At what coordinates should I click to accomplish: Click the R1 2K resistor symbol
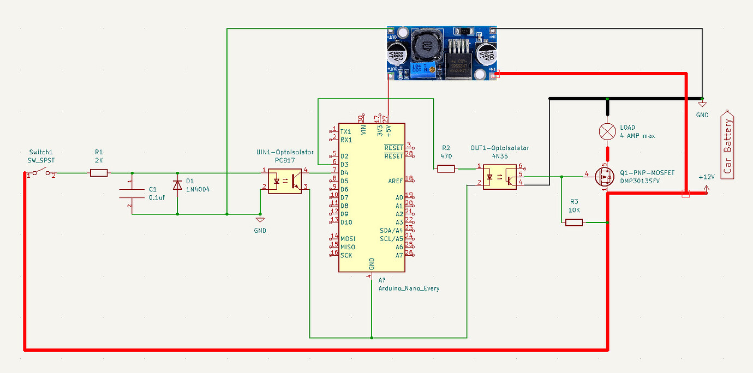coord(99,173)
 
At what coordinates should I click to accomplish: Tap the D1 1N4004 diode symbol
coord(177,185)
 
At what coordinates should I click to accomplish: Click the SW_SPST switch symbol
coord(41,173)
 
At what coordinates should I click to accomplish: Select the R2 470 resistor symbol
coord(446,169)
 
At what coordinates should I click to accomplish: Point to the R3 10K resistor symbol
coord(574,222)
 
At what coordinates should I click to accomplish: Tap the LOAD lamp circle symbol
coord(608,131)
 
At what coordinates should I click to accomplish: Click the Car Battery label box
coord(728,145)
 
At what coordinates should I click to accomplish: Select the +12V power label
coord(706,178)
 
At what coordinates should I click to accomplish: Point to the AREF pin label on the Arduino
coord(396,181)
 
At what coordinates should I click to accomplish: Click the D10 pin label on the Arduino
coord(346,222)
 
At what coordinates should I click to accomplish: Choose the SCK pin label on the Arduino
coord(346,255)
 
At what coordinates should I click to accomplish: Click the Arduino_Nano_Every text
coord(409,288)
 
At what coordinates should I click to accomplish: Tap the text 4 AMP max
coord(637,136)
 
